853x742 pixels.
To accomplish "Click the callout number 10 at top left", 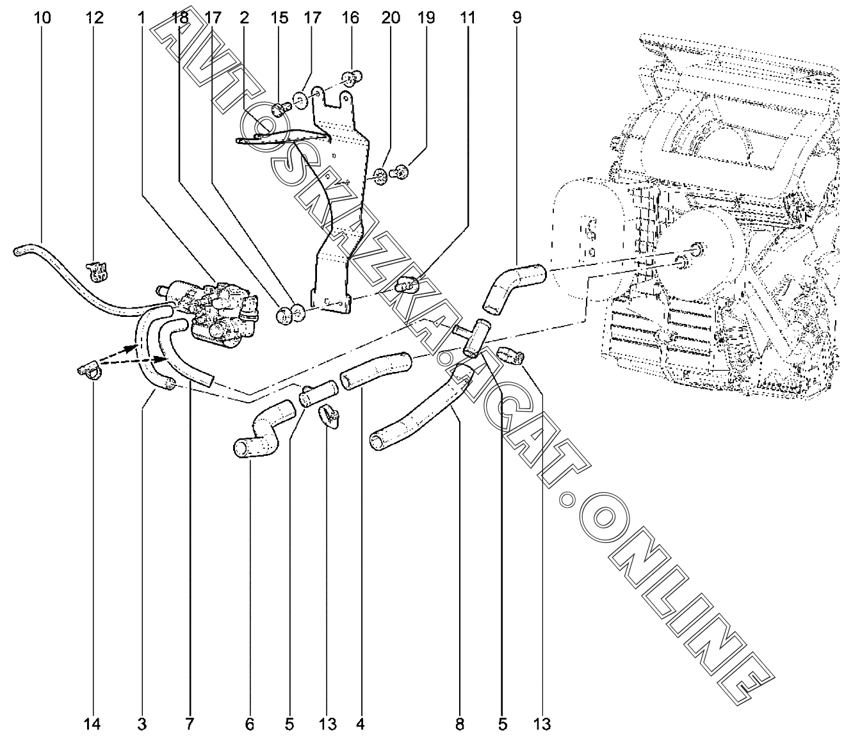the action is tap(42, 17).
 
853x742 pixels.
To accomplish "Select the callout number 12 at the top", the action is tap(95, 17).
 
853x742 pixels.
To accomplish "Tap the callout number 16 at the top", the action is tap(350, 17).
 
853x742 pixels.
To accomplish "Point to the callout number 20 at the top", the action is tap(390, 17).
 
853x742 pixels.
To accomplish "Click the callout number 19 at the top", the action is tap(426, 17).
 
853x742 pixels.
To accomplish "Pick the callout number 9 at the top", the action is tap(517, 17).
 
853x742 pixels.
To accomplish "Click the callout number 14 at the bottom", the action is tap(92, 724).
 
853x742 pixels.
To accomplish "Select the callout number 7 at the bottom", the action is tap(190, 724).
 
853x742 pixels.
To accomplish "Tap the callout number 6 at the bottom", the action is tap(249, 724).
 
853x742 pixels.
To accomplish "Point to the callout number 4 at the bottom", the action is tap(361, 724).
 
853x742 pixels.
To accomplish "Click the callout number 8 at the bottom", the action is tap(459, 724).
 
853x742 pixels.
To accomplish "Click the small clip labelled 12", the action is tap(97, 271).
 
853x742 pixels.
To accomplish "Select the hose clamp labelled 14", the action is tap(89, 370).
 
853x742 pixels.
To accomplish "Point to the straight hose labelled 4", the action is tap(376, 371).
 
